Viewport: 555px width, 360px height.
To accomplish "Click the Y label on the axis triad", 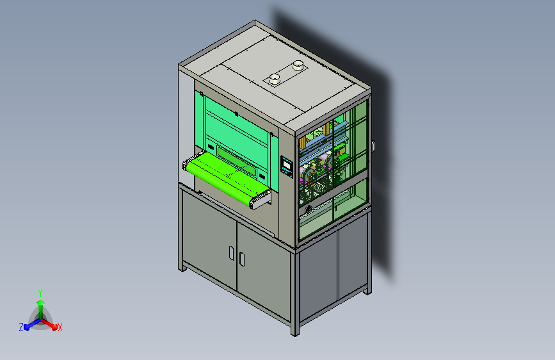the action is coord(40,293).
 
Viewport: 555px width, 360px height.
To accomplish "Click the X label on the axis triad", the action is coord(60,327).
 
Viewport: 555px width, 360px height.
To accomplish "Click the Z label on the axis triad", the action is coord(21,327).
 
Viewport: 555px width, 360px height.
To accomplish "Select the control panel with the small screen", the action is coord(287,167).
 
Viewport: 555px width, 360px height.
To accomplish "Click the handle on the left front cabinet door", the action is coord(231,253).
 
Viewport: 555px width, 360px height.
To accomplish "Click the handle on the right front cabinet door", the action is coord(242,259).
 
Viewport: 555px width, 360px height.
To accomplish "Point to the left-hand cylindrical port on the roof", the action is coord(275,79).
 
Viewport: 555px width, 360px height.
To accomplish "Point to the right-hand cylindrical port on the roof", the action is coord(298,65).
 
